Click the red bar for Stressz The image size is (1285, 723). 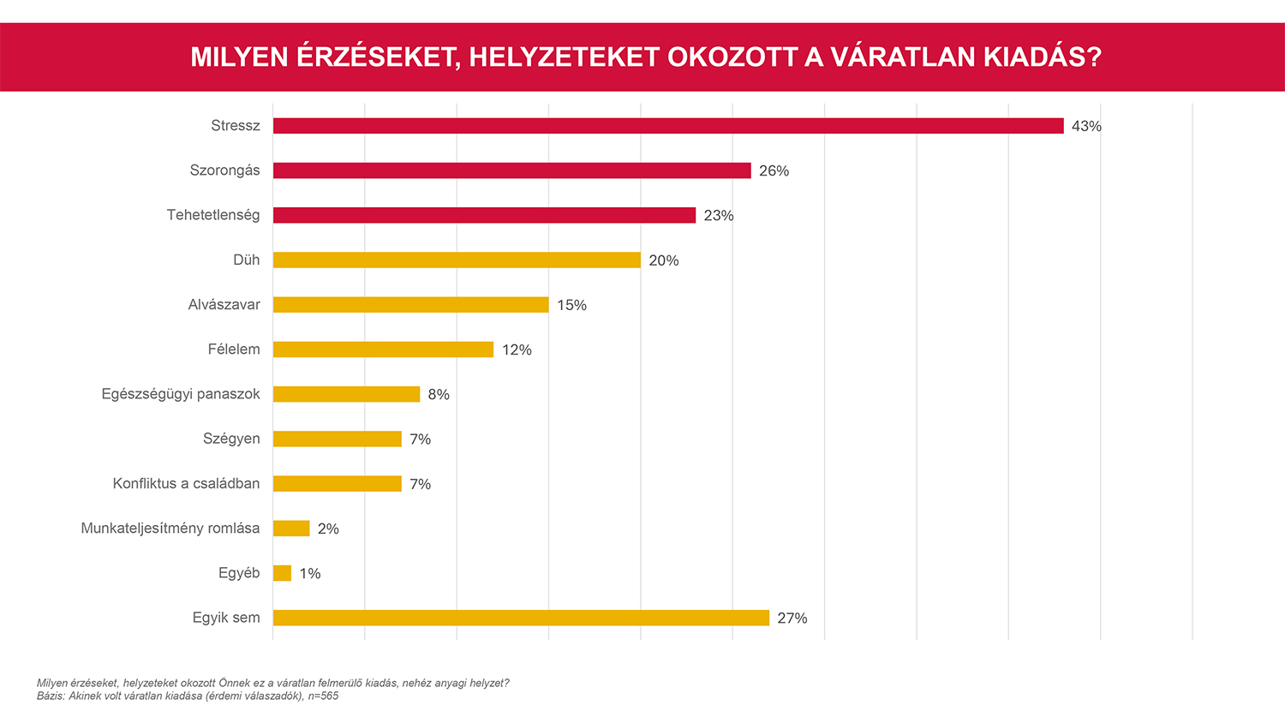pos(668,126)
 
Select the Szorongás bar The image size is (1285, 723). pos(511,170)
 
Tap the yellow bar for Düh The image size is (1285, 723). pos(457,260)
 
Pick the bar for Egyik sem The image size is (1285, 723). pos(521,618)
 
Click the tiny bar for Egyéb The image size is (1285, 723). pos(282,573)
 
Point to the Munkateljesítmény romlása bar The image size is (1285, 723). pos(291,529)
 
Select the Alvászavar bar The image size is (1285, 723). pos(410,305)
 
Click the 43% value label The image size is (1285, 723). pos(1086,126)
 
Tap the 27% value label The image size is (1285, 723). pos(792,618)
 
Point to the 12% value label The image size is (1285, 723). pos(517,350)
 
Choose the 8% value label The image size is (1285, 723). pos(439,394)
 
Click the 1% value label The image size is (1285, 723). pos(310,573)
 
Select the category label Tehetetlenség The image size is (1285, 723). pos(213,215)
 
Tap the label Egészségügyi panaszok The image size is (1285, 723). pos(181,394)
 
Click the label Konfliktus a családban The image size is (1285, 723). pos(186,483)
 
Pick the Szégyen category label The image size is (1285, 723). pos(231,439)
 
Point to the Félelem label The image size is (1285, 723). pos(234,350)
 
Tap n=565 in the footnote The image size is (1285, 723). pos(323,696)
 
